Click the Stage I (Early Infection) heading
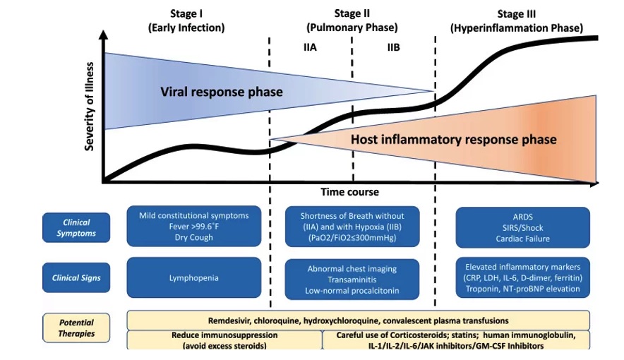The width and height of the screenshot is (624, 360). point(186,20)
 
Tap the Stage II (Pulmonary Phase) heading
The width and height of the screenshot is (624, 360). point(352,20)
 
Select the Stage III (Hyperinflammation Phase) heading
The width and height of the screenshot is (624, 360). point(517,20)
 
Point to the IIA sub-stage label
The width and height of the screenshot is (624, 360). point(310,47)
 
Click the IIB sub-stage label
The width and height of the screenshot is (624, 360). point(394,47)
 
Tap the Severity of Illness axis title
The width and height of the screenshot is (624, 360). point(90,107)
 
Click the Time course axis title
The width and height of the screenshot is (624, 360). point(350,192)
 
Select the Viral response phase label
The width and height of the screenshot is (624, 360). point(222,92)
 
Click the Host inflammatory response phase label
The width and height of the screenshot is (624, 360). point(454,139)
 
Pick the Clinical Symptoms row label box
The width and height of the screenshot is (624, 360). point(76,227)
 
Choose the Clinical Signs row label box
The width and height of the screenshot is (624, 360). point(76,277)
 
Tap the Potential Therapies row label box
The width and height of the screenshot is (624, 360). point(76,328)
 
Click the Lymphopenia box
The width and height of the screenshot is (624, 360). point(194,277)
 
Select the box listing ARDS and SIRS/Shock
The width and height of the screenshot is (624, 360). point(523,227)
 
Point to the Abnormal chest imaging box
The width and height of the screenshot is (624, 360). point(352,280)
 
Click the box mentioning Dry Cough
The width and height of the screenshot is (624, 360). point(194,227)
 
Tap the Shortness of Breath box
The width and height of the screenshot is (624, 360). point(352,227)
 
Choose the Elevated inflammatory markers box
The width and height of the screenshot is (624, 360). point(523,277)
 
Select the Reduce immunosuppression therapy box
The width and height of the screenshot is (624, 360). point(224,340)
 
